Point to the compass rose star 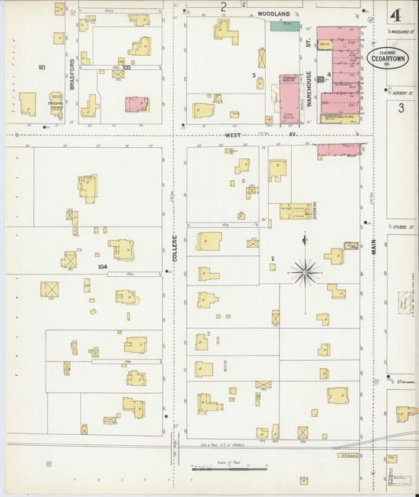tap(304, 272)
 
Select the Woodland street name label tap(274, 13)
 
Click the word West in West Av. tap(233, 134)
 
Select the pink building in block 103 tap(137, 104)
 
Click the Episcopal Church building tap(55, 106)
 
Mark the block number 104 tap(101, 267)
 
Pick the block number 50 tap(42, 68)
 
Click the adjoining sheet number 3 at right tap(401, 109)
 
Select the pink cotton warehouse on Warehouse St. tap(289, 99)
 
